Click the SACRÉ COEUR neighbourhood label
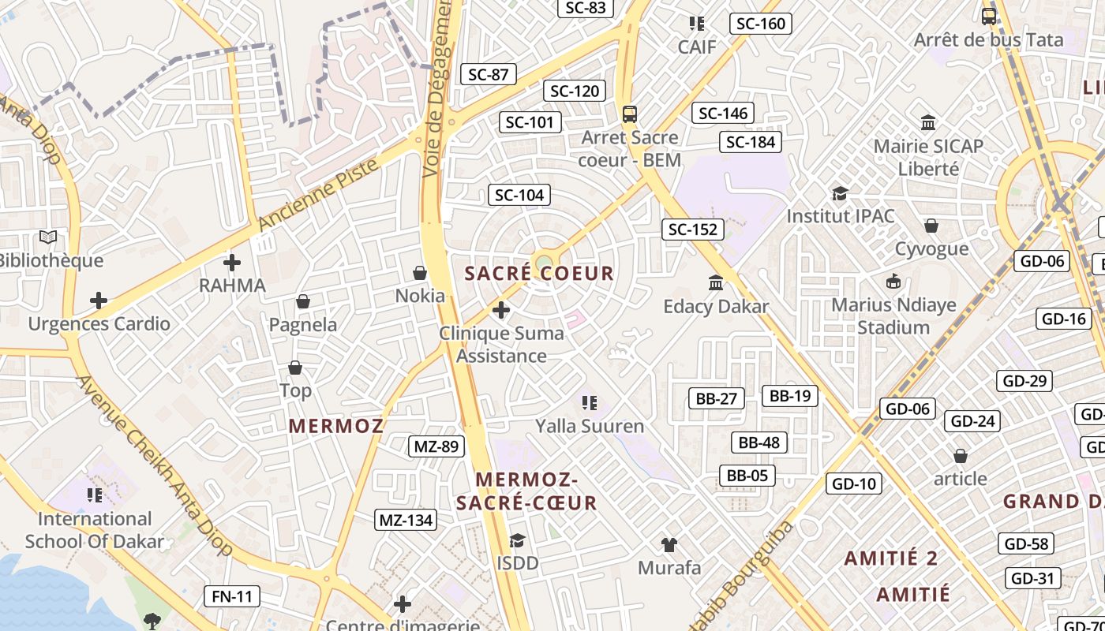pos(539,274)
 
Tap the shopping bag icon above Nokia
pos(420,273)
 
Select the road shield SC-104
pos(519,195)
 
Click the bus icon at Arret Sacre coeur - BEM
pos(629,114)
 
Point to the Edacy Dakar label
pos(716,306)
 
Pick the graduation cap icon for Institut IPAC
pos(840,193)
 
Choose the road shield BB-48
pos(759,442)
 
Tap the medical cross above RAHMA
pos(232,262)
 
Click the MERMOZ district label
pos(336,427)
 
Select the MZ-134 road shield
pos(406,520)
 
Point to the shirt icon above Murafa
pos(669,544)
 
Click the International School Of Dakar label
pos(95,530)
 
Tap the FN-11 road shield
pos(232,596)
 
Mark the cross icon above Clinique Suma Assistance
pos(500,310)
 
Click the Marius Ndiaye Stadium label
pos(893,316)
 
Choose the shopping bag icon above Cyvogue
pos(931,226)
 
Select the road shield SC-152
pos(692,230)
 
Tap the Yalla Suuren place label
pos(590,427)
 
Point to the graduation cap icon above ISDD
pos(517,540)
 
